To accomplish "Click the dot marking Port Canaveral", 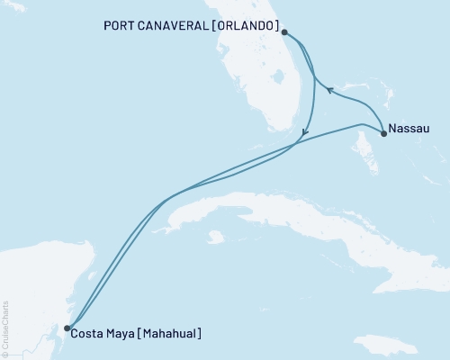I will tap(284, 32).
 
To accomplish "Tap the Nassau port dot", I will tap(384, 134).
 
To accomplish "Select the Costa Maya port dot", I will tap(67, 328).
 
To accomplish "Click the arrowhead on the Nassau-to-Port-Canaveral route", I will tap(329, 89).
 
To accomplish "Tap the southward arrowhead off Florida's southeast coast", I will tap(305, 134).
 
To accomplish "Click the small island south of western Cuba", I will tap(214, 238).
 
